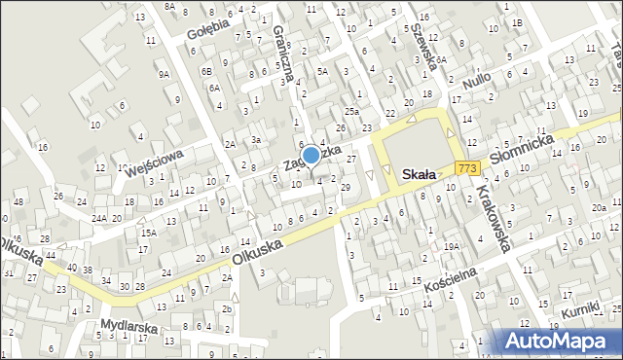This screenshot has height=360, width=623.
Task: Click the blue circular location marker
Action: coord(311,154)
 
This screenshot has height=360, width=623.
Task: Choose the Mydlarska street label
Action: coord(128,328)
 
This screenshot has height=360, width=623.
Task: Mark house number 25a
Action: coord(350,112)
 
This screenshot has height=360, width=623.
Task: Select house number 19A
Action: coord(452,247)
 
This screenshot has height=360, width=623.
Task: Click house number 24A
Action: coord(99,218)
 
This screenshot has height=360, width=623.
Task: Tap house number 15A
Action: coord(148,233)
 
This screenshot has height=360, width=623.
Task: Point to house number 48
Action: coord(19,202)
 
